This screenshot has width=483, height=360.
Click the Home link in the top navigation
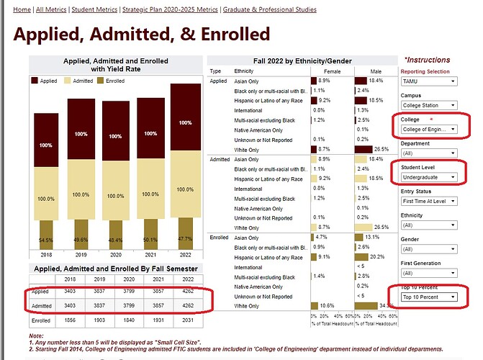(22, 9)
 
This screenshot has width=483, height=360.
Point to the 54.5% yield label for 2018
(45, 239)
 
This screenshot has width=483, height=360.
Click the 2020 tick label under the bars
(115, 254)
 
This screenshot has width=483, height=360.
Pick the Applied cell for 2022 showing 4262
(185, 292)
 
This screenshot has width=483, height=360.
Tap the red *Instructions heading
(428, 60)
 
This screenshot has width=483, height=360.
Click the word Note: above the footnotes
(37, 336)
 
